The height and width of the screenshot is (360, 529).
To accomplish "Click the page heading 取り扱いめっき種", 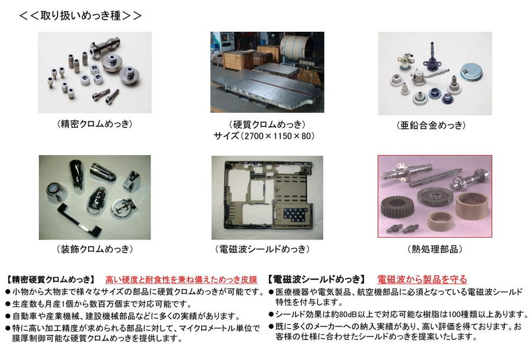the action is [x=81, y=15].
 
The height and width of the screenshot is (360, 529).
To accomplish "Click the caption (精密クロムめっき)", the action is [x=95, y=124].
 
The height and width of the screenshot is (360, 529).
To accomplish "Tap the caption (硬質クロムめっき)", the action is [x=267, y=125].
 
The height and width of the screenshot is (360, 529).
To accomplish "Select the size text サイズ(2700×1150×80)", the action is [x=264, y=136].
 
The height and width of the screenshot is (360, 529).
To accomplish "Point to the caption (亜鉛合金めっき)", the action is [x=431, y=126].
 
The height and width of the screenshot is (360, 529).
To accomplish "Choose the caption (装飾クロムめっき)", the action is [x=95, y=249].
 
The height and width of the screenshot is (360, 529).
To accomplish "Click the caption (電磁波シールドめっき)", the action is [x=262, y=249].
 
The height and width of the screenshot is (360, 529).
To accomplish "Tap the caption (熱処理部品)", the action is [x=434, y=249].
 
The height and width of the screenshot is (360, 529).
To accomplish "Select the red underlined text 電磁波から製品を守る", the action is [x=422, y=280].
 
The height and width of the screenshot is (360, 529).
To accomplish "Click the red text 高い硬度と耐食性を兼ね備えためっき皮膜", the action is [x=181, y=280].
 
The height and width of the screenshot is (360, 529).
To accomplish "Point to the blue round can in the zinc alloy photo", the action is [x=471, y=72].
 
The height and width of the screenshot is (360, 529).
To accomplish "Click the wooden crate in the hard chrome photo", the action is [x=239, y=60].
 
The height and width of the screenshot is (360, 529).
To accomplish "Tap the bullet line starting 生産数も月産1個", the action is [x=99, y=304].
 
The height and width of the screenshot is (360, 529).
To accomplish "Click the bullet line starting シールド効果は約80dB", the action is [x=398, y=315].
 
